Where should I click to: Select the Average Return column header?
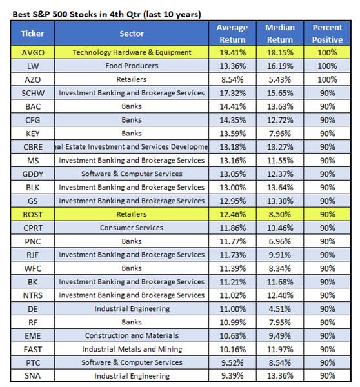232,33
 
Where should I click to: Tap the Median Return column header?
281,33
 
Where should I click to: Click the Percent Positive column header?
328,33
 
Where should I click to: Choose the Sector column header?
132,33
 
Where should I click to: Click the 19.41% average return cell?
232,52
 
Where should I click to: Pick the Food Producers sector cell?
132,66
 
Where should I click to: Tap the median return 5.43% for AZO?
281,79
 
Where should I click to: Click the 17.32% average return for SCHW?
232,93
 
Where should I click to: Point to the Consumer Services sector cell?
132,227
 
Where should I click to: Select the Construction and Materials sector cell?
132,335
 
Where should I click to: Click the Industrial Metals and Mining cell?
132,348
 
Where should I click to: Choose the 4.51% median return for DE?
281,308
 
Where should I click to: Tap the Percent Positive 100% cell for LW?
328,66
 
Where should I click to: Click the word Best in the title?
23,14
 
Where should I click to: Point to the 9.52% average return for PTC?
232,362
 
